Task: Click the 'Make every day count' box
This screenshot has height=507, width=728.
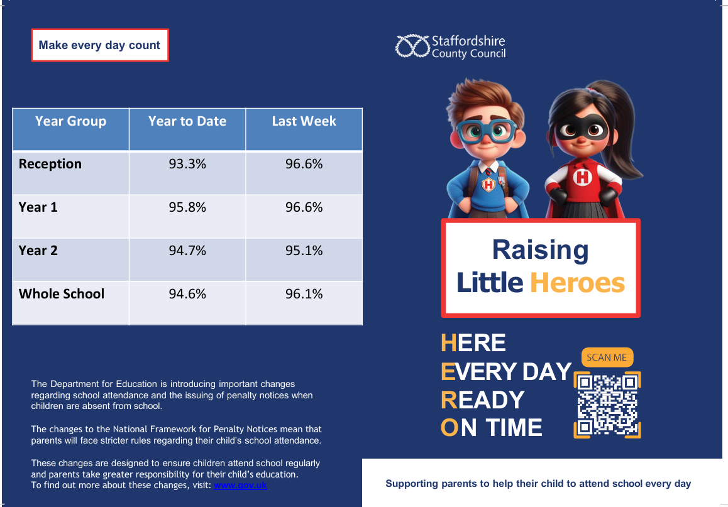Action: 100,45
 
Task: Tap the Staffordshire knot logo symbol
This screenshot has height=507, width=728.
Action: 412,46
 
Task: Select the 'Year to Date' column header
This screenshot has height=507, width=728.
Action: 187,121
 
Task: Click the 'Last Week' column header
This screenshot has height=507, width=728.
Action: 304,121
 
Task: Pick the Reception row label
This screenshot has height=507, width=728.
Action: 50,164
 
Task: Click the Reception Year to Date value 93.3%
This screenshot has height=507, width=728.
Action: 187,164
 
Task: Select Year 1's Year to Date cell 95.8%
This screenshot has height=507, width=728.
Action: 187,207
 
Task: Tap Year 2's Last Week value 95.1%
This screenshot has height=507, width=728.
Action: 304,251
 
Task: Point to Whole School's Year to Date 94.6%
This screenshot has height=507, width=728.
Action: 187,293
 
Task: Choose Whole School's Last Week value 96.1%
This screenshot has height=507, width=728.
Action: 304,293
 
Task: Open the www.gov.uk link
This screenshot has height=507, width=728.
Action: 240,485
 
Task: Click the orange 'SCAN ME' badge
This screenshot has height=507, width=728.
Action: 607,357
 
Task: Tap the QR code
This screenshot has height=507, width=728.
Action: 607,405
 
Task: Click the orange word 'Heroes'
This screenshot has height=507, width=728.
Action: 578,283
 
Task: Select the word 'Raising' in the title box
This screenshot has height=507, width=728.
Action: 541,251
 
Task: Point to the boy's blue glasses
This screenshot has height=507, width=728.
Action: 487,131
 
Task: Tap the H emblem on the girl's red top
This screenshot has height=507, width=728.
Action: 582,177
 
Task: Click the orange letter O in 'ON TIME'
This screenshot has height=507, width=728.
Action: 449,428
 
